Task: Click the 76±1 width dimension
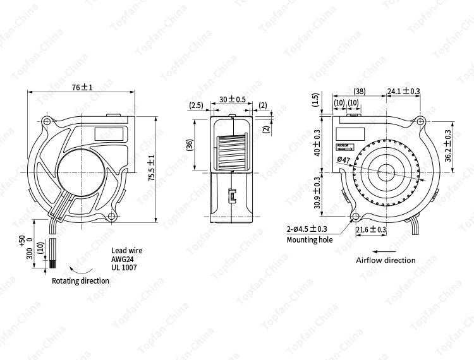[82, 88]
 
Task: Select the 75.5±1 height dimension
[150, 169]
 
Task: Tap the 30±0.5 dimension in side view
[232, 100]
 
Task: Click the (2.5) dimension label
[196, 105]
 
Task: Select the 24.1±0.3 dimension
[403, 92]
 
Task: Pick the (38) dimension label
[359, 92]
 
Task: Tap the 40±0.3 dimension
[317, 143]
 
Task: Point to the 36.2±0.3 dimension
[448, 146]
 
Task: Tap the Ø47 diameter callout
[344, 160]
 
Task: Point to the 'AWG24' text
[123, 259]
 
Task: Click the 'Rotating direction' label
[80, 281]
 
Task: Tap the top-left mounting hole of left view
[47, 121]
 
